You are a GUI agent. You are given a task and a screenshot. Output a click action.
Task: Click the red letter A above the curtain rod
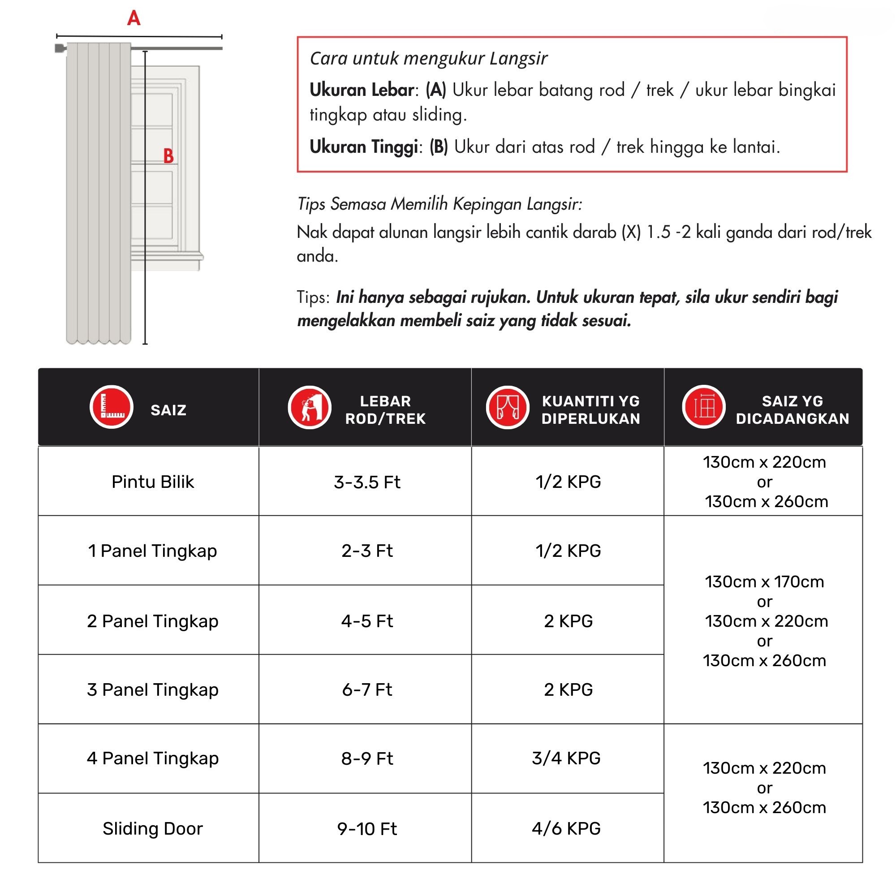(x=134, y=18)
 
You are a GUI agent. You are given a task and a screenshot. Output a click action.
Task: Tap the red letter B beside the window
(x=168, y=156)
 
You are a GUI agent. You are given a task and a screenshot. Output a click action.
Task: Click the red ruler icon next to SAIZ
(x=111, y=407)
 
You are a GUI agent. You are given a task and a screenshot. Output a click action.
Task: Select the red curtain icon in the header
(x=508, y=407)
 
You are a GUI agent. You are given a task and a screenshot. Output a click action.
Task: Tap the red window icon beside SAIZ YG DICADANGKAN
(x=703, y=407)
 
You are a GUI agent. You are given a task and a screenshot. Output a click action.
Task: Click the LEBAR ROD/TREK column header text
(x=385, y=409)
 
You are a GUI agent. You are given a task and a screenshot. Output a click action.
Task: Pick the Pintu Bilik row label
(x=153, y=482)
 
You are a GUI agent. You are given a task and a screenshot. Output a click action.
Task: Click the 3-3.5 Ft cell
(x=367, y=482)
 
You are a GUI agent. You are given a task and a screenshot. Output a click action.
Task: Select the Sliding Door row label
(x=153, y=829)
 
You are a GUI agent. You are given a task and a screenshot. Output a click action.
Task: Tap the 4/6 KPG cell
(x=566, y=828)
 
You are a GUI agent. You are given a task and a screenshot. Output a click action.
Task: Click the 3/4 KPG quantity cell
(x=566, y=758)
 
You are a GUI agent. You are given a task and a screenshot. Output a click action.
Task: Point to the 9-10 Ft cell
(x=367, y=829)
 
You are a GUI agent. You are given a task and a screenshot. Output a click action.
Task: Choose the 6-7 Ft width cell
(x=367, y=689)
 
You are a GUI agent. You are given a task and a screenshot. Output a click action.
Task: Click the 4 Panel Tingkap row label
(x=153, y=758)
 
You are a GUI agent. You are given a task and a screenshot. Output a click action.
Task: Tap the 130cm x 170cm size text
(x=764, y=582)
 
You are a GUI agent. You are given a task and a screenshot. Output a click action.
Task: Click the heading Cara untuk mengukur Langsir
(x=429, y=58)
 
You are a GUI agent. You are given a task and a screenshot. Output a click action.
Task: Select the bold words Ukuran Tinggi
(x=364, y=147)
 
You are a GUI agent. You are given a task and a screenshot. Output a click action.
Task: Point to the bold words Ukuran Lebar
(x=362, y=90)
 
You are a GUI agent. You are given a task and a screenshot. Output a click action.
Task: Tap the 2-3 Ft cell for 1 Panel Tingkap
(x=367, y=551)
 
